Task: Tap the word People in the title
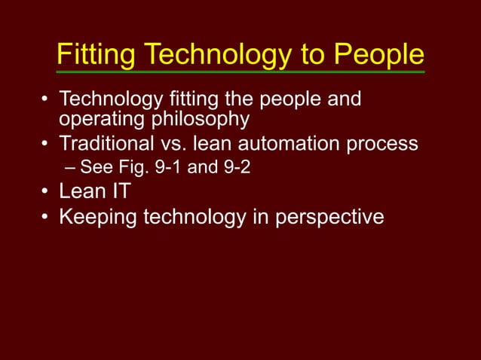pyautogui.click(x=379, y=54)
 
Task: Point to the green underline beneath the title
pyautogui.click(x=240, y=72)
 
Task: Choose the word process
pyautogui.click(x=381, y=143)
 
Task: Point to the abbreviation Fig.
pyautogui.click(x=133, y=167)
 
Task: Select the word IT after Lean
pyautogui.click(x=119, y=191)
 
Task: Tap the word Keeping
pyautogui.click(x=97, y=217)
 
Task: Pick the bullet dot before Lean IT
pyautogui.click(x=45, y=192)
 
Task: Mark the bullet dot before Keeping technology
pyautogui.click(x=45, y=218)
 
